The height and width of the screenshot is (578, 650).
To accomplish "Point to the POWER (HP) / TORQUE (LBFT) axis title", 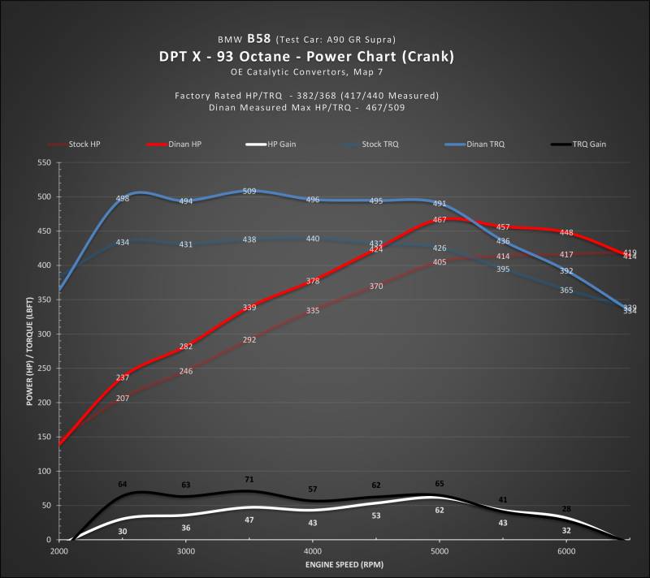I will (x=29, y=351).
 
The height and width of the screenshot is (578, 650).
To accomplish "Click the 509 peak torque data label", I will (x=249, y=192).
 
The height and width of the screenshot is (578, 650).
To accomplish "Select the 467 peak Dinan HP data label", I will (x=440, y=219).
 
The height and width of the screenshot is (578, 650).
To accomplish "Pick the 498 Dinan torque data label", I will (x=123, y=199).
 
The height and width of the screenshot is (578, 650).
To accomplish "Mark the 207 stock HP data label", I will (x=123, y=399).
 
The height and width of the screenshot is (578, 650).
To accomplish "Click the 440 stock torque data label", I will (x=313, y=239).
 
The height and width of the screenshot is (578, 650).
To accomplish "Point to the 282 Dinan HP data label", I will (x=186, y=347).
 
